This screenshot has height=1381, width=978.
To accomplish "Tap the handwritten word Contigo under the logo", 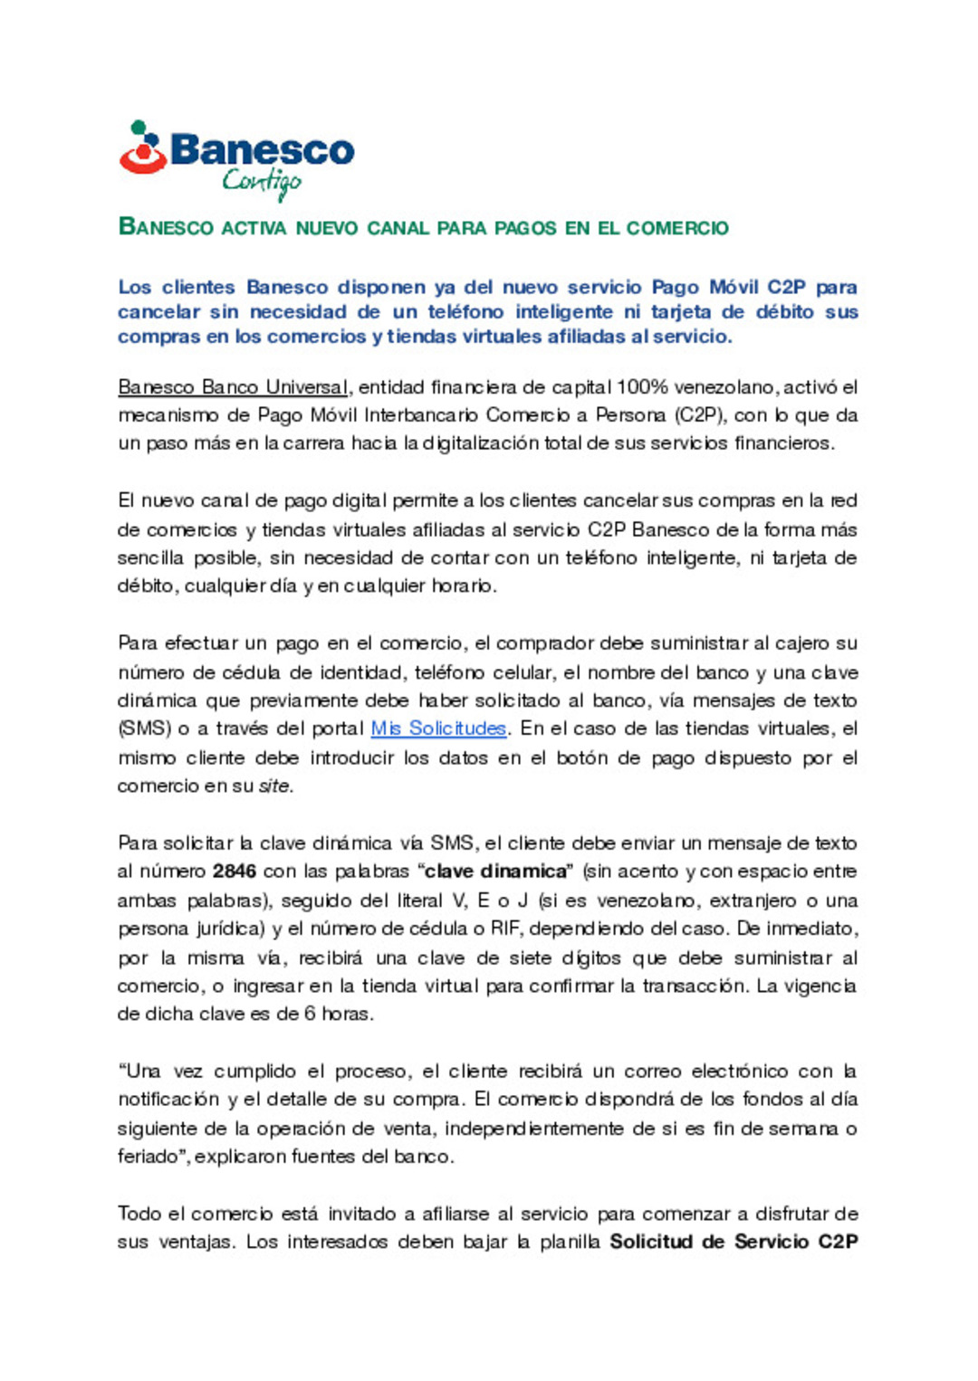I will coord(262,183).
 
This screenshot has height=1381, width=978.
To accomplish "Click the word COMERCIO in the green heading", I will coord(677,228).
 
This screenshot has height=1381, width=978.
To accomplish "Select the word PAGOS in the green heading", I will coord(526,228).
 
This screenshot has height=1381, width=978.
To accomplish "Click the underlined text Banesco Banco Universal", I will coord(233,387).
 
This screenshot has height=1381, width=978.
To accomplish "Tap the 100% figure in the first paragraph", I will coord(642,387).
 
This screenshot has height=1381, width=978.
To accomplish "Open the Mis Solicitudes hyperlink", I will coord(438,729).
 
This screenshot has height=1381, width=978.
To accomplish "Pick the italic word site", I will coord(275,786).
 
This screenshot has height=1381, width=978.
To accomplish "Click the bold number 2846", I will coord(235,871).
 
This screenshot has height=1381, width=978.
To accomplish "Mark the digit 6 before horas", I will coord(310,1014).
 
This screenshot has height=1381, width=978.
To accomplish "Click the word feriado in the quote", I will coord(148,1157).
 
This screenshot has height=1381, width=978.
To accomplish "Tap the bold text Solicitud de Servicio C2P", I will coord(733,1242).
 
